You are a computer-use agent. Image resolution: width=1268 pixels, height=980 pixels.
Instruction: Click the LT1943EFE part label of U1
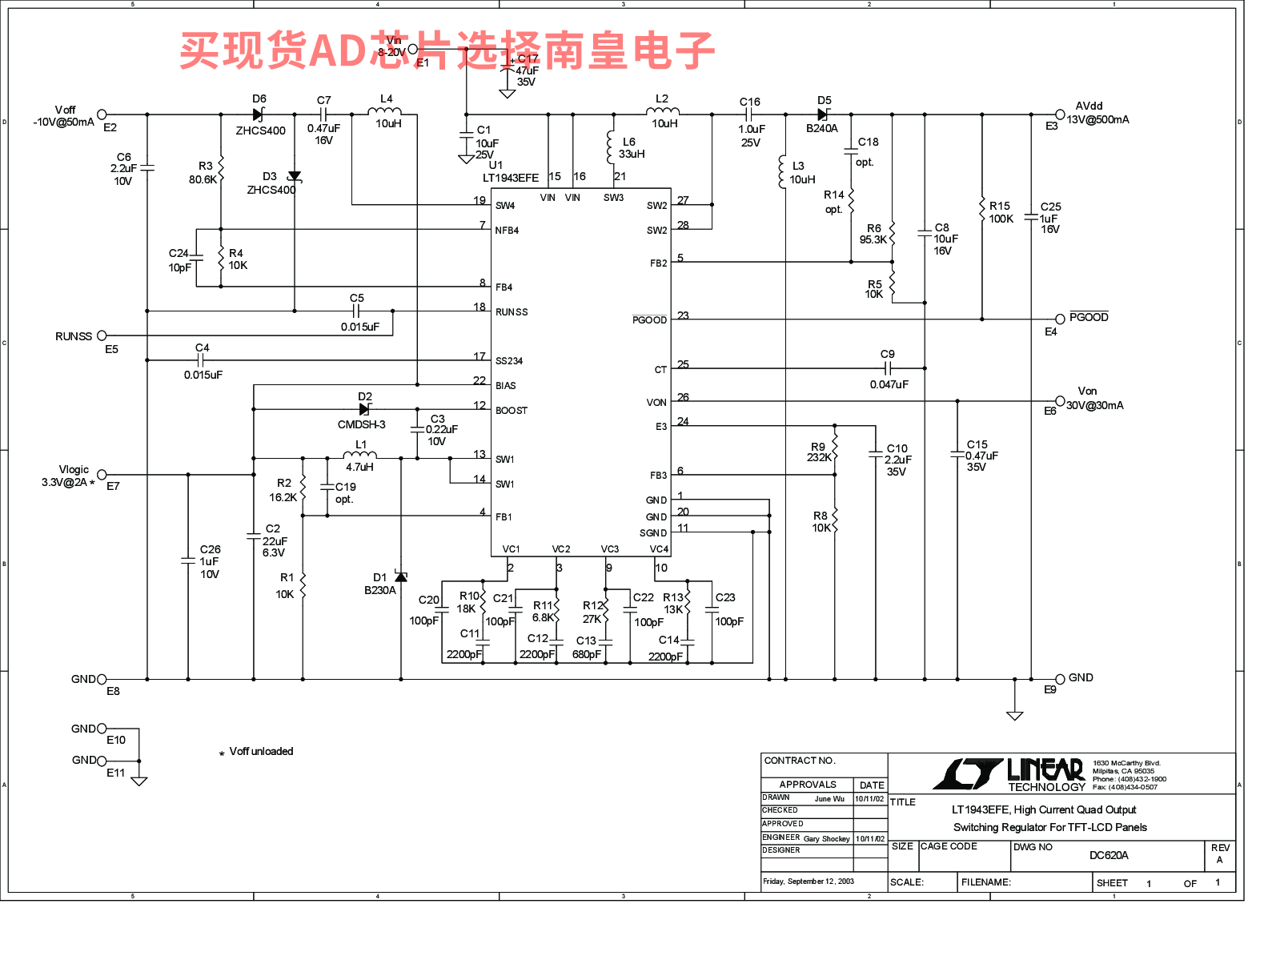511,178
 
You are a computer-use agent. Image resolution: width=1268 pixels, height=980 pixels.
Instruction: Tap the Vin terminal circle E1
413,50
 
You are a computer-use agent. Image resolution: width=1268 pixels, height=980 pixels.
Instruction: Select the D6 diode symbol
258,114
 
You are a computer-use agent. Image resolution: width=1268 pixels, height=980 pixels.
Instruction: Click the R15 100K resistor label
1001,212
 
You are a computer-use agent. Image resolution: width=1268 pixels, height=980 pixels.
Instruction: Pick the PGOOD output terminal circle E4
1060,319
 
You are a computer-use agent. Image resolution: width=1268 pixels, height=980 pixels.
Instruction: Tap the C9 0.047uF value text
889,384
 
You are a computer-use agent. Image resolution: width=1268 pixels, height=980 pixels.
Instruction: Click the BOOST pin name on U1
512,411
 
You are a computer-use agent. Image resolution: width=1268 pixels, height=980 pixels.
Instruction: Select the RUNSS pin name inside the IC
512,312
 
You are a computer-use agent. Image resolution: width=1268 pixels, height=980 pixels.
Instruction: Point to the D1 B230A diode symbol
401,577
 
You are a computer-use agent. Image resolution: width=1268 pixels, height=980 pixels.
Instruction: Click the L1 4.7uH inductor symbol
359,456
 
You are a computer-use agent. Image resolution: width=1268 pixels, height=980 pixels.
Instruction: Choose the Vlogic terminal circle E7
102,475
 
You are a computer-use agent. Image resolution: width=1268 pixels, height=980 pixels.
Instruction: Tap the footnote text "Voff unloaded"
261,751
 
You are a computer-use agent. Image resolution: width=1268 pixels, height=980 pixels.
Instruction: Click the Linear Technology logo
1009,773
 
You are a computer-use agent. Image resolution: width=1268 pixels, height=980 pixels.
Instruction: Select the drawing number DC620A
1109,855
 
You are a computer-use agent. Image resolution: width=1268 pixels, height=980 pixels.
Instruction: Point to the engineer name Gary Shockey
826,839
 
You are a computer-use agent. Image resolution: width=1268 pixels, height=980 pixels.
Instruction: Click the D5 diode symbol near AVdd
823,114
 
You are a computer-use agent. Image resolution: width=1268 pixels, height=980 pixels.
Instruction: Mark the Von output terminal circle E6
1060,401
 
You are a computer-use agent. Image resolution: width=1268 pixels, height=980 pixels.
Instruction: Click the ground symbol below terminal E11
139,781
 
